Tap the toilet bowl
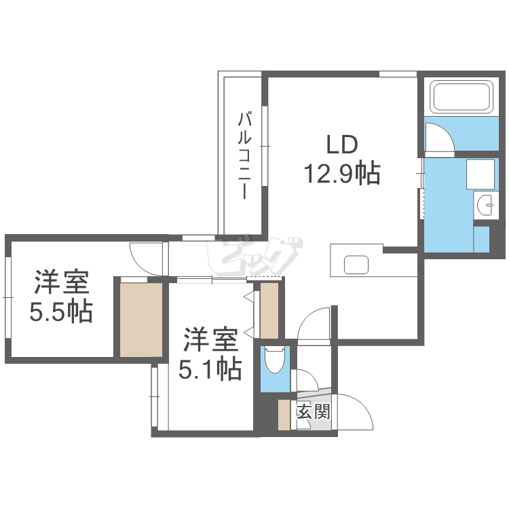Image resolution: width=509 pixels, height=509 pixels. [275, 360]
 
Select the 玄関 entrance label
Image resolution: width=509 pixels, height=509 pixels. [313, 411]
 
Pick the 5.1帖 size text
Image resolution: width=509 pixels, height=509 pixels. [210, 369]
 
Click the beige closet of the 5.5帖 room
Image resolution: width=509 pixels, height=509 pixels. [141, 319]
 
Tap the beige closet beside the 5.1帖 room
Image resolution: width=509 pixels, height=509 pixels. [269, 310]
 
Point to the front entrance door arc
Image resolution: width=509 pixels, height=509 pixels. [355, 411]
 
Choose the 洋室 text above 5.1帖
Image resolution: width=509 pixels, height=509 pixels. [210, 338]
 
